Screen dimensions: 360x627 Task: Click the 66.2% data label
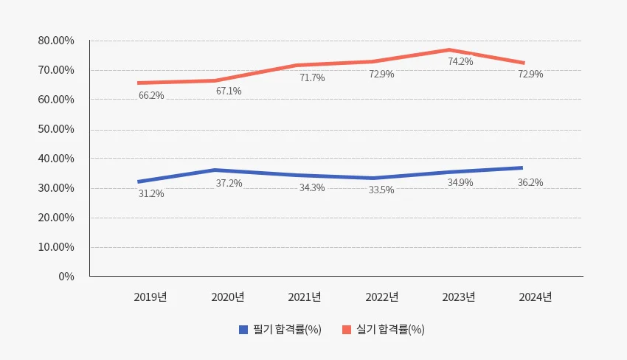[151, 95]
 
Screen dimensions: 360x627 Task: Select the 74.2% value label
[460, 61]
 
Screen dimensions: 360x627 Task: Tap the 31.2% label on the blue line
[151, 193]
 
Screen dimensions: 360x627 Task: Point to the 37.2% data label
[229, 183]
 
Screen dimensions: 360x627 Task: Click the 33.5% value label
[381, 190]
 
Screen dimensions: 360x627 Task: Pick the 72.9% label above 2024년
[530, 74]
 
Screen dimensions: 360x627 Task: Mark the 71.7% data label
[312, 77]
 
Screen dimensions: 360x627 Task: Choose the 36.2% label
[530, 182]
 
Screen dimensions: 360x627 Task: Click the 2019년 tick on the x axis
[150, 297]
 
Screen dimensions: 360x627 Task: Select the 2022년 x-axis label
[382, 297]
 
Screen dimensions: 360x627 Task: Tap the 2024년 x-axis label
[536, 297]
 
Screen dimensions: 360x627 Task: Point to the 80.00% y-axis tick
[56, 41]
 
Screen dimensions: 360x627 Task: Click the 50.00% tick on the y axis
[56, 129]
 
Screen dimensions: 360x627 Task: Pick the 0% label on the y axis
[66, 277]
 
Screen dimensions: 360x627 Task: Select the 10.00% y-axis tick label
[56, 247]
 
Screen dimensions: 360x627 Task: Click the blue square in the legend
[243, 330]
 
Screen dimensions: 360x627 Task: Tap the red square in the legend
[347, 330]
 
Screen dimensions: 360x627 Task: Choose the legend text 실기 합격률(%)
[390, 330]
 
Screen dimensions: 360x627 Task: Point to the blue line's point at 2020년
[214, 170]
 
